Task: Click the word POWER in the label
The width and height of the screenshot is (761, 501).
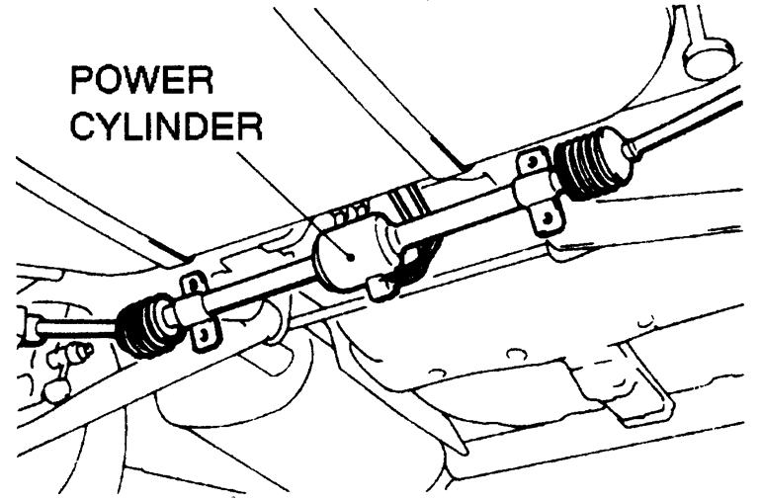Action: [x=140, y=87]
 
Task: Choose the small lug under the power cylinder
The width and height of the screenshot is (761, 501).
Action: [x=378, y=289]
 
